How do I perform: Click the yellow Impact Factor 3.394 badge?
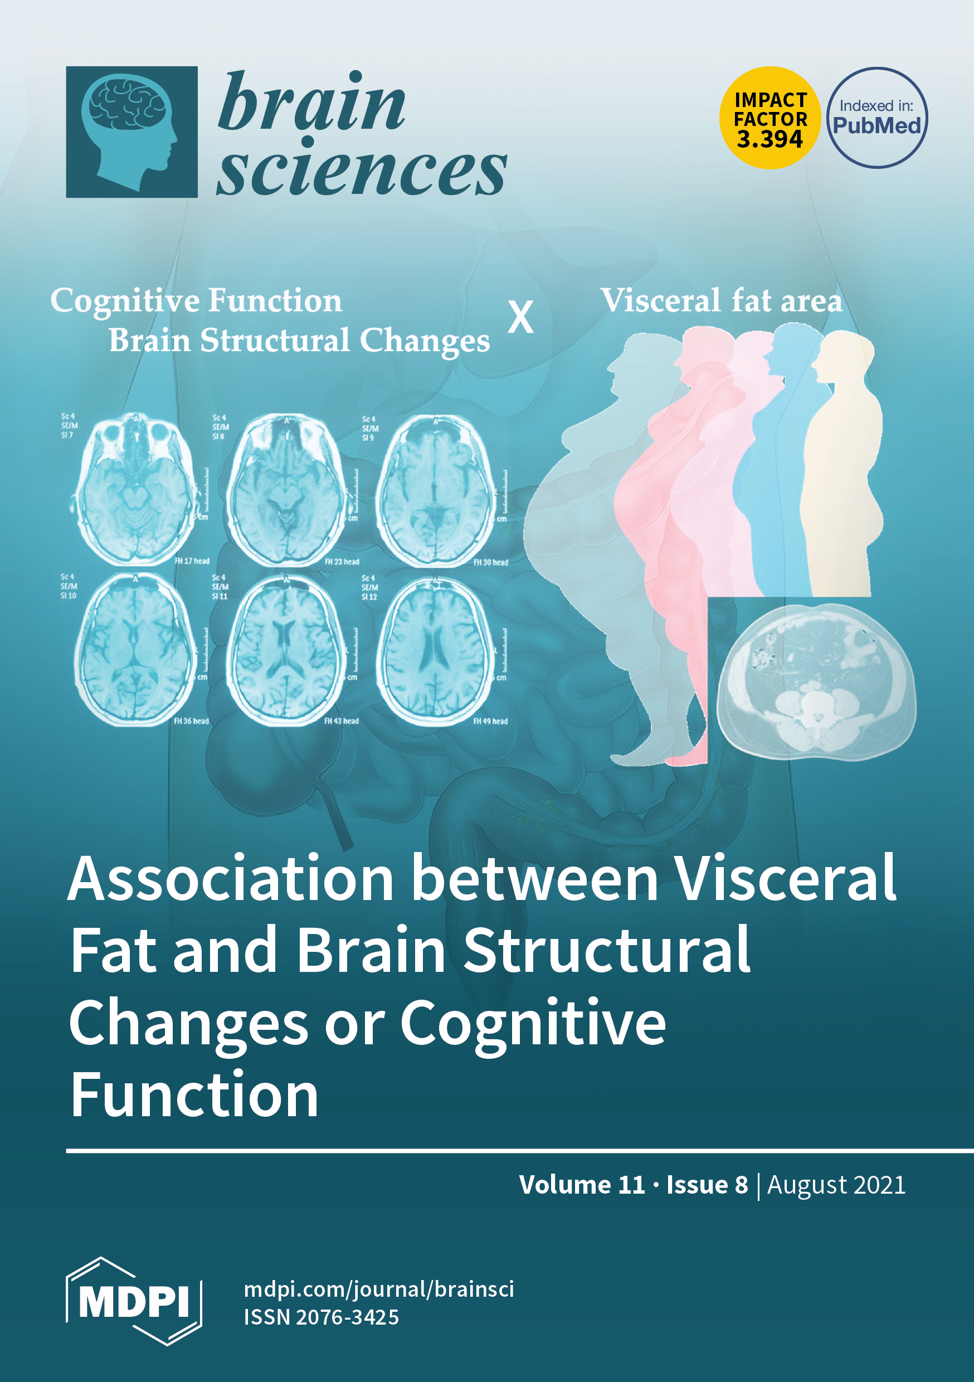[770, 118]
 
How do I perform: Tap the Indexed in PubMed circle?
[876, 118]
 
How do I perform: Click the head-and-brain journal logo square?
[132, 132]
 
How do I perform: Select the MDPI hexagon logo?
[134, 1301]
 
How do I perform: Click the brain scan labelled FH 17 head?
[137, 489]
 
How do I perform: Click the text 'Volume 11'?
[582, 1185]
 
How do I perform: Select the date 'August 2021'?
[836, 1185]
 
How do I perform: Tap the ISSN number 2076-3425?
[347, 1317]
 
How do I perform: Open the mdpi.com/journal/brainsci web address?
[379, 1289]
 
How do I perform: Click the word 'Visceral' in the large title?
[785, 879]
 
